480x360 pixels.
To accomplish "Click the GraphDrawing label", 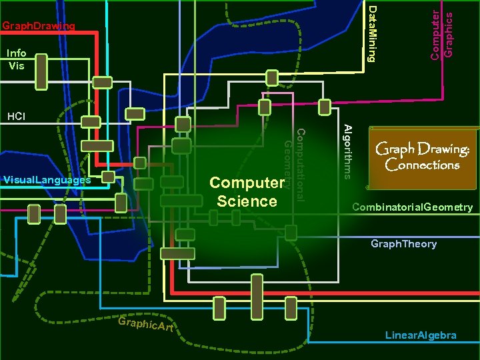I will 38,27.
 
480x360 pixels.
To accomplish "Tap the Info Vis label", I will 16,59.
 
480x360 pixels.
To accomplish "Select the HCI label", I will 16,117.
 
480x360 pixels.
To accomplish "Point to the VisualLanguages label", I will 47,180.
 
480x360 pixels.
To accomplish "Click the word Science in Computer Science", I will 247,201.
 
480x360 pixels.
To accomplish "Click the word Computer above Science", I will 247,183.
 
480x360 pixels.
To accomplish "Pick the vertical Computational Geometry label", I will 294,164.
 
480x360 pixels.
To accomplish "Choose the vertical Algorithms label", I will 347,151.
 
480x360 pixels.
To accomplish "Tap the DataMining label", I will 373,33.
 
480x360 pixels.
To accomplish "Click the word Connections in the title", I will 423,165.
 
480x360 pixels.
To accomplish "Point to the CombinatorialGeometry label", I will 412,207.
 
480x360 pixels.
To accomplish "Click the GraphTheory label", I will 403,244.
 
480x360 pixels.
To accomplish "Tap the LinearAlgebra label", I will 421,335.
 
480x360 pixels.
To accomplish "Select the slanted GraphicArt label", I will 145,325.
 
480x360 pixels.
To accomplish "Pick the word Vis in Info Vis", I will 16,65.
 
